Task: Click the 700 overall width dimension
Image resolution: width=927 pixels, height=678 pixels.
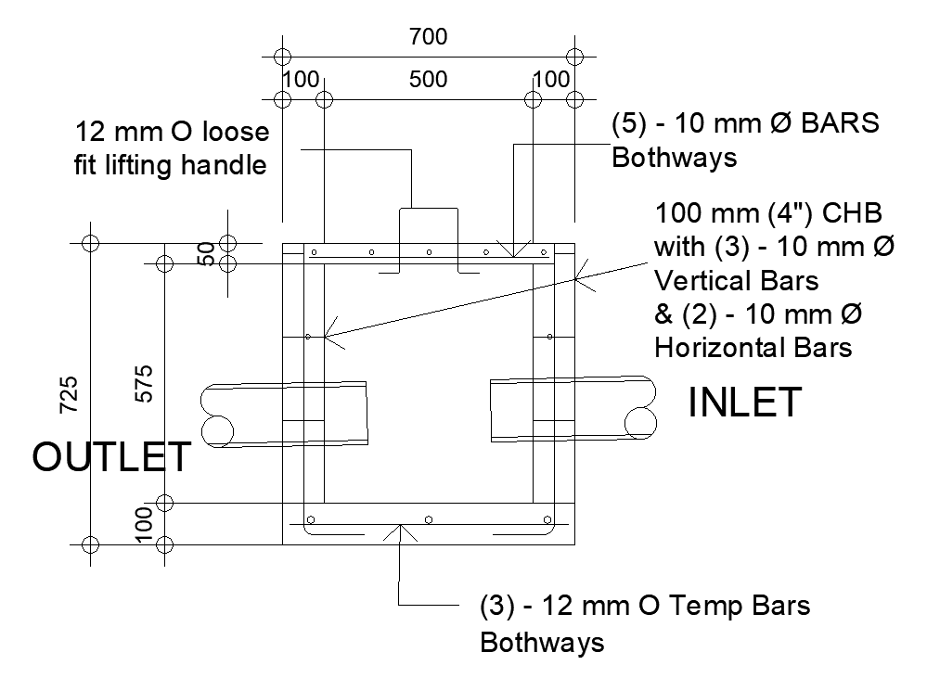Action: pos(428,37)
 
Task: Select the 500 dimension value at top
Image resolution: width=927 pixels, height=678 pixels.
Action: pos(428,80)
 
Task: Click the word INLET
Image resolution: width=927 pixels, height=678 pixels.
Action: pos(744,403)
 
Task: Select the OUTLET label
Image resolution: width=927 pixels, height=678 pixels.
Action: pos(112,457)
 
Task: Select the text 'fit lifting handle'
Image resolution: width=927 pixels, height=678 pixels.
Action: pos(172,166)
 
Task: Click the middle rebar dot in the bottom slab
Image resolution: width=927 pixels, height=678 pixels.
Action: pos(428,519)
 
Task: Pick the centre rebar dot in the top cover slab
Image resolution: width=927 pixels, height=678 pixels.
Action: pos(428,252)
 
